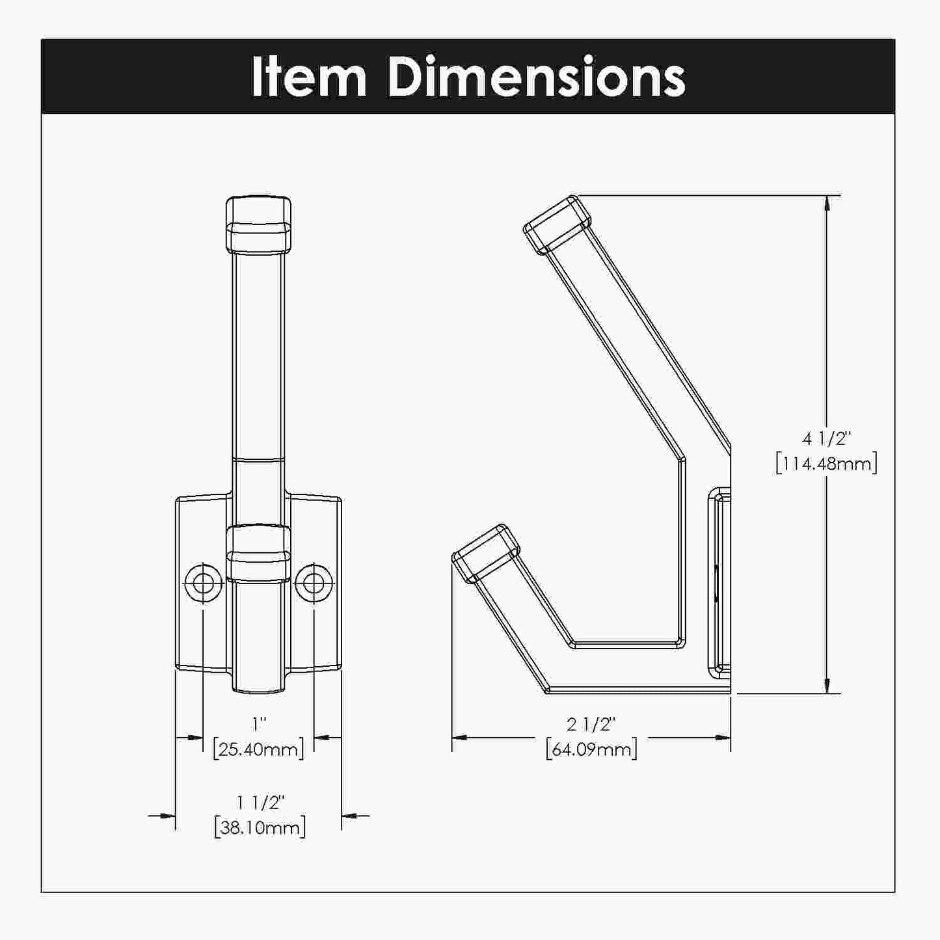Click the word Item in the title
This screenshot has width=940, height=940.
tap(309, 77)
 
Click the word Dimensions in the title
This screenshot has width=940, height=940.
tap(536, 77)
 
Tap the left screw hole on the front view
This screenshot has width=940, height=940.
tap(204, 583)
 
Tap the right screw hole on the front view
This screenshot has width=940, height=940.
tap(314, 583)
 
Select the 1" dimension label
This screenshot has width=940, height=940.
tap(260, 723)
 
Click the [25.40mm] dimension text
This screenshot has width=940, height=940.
tap(259, 749)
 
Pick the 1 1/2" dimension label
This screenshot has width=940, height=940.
tap(260, 803)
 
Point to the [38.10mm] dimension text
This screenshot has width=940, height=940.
tap(260, 828)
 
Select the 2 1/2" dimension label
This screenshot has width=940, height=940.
tap(591, 723)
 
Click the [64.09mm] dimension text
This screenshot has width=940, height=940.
tap(591, 749)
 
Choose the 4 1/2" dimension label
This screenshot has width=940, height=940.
tap(826, 439)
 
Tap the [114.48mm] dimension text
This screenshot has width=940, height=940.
tap(826, 464)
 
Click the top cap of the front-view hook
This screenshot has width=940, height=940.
tap(258, 224)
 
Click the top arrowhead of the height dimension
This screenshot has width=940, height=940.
tap(827, 203)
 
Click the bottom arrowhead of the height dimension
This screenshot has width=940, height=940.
tap(827, 686)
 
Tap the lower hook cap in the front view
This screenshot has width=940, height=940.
tap(258, 553)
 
